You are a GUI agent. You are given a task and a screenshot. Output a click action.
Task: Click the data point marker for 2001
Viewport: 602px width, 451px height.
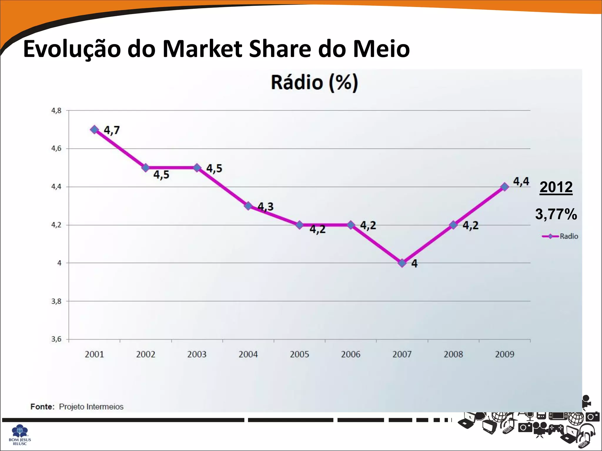click(94, 129)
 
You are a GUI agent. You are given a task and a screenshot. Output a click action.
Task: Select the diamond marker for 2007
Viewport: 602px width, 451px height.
click(402, 263)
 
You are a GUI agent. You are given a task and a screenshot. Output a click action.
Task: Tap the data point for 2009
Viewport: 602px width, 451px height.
click(505, 187)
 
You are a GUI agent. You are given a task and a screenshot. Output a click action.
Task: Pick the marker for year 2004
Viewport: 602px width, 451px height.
click(248, 206)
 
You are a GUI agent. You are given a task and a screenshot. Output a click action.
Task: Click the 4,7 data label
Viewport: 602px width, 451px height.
click(112, 130)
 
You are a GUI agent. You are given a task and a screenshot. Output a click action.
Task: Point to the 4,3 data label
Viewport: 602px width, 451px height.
click(265, 207)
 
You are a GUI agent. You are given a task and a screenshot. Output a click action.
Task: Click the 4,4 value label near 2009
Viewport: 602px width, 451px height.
click(521, 181)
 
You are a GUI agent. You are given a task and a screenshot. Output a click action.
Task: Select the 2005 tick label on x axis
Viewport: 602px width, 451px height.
click(299, 354)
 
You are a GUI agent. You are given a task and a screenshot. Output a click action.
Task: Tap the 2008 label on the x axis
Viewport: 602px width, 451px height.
click(453, 354)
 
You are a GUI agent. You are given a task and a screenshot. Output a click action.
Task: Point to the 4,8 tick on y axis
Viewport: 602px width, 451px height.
click(56, 111)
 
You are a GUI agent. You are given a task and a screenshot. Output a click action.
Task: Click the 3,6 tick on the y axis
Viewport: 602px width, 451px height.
click(56, 339)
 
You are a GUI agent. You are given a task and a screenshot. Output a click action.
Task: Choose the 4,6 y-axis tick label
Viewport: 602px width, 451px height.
click(56, 149)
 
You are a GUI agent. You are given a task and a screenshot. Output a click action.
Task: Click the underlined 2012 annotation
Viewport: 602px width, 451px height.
click(556, 187)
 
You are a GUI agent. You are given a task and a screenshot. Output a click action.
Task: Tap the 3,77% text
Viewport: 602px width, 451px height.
click(556, 214)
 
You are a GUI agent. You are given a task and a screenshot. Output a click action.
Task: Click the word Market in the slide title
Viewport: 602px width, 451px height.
click(202, 49)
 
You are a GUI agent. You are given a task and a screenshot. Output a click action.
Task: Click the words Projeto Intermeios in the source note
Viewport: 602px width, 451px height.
click(91, 407)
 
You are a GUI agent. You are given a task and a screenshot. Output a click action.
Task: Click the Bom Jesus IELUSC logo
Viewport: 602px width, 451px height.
click(20, 435)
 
